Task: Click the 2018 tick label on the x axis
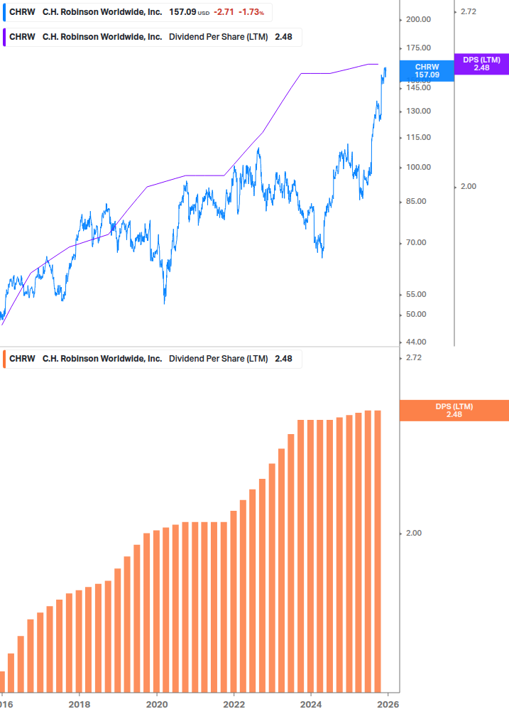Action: [80, 704]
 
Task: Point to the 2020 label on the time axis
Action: [156, 704]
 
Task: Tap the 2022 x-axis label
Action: [234, 704]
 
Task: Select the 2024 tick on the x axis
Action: [311, 704]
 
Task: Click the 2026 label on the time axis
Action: [388, 704]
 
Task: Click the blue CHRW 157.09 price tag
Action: [427, 70]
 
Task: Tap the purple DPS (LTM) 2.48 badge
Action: [481, 64]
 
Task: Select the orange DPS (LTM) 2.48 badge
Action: [454, 410]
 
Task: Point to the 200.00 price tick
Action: [417, 19]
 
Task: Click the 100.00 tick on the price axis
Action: [417, 167]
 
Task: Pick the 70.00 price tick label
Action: [417, 242]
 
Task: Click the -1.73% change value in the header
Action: [251, 13]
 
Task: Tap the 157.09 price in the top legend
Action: [182, 13]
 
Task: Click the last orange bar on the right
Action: [378, 551]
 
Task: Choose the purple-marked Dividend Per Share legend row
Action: [153, 37]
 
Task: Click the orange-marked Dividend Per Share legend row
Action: [153, 359]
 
